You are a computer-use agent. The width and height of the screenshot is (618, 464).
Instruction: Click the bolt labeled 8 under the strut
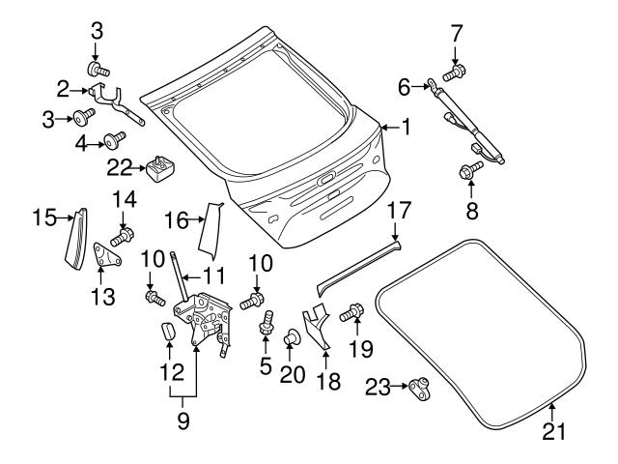pyautogui.click(x=470, y=172)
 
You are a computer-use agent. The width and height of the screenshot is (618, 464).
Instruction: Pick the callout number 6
pyautogui.click(x=405, y=87)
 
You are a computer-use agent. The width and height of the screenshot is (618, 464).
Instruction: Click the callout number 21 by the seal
pyautogui.click(x=550, y=431)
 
